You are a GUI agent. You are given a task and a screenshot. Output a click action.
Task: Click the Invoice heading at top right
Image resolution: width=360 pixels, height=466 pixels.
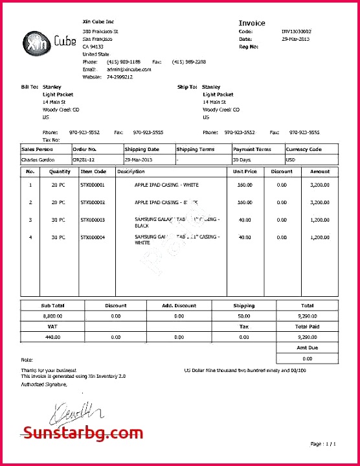[252, 23]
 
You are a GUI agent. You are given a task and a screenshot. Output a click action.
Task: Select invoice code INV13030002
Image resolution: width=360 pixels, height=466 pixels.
[296, 31]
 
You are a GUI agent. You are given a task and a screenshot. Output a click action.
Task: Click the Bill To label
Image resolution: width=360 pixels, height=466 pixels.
[30, 86]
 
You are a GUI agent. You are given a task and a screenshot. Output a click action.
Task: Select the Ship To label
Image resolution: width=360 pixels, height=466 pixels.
[187, 86]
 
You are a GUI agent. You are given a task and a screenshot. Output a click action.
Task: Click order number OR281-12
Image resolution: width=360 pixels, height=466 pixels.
[85, 159]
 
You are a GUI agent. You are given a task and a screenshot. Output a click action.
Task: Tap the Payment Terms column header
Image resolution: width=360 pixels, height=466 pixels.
[252, 149]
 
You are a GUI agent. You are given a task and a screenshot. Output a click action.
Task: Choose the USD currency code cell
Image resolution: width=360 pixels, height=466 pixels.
[291, 159]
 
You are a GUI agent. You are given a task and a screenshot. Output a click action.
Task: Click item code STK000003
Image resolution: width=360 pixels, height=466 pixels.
[93, 220]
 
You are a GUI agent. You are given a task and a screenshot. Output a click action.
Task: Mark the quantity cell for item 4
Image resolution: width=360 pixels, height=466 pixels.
[58, 237]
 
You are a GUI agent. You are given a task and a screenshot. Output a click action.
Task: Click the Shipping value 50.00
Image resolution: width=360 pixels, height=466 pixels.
[243, 316]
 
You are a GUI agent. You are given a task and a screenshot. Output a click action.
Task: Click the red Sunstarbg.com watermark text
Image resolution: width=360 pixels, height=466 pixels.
[83, 432]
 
